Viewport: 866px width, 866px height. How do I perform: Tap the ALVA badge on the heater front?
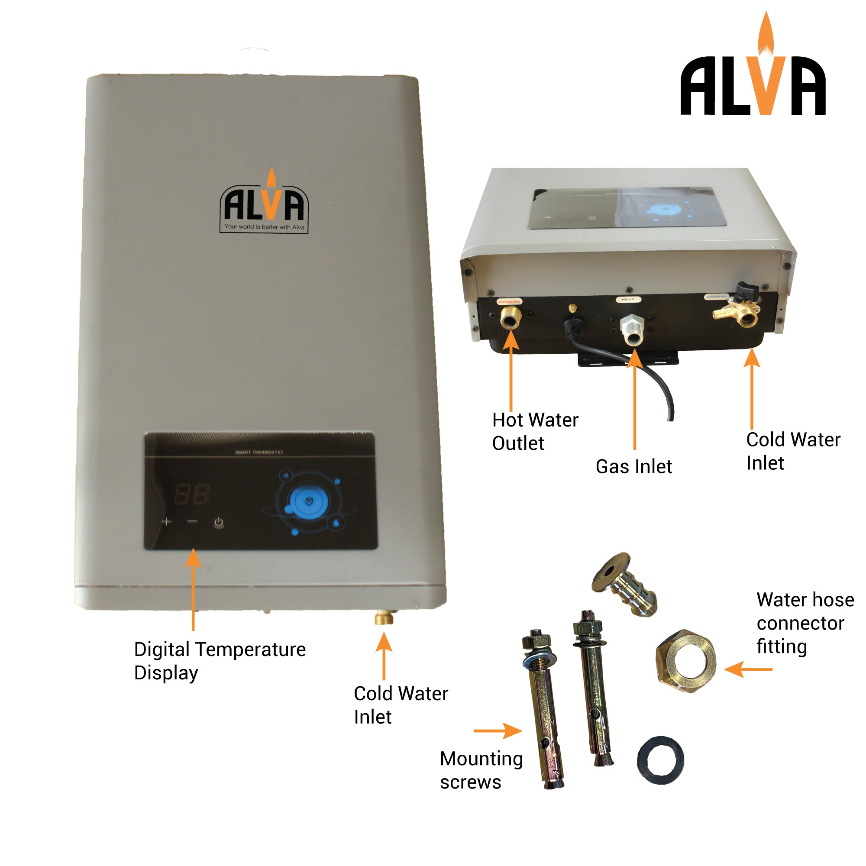(264, 204)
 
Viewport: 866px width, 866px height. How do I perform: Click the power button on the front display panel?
(219, 522)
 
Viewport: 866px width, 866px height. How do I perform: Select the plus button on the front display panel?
(167, 521)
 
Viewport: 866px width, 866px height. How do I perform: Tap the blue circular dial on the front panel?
(308, 502)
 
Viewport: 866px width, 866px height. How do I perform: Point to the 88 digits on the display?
(191, 494)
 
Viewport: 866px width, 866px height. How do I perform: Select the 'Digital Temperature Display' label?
(220, 661)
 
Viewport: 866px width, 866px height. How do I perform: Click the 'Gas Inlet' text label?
(634, 467)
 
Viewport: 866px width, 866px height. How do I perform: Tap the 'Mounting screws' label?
(481, 770)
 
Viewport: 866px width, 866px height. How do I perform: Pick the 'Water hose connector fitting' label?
(805, 623)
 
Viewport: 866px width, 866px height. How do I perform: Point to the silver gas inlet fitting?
(632, 330)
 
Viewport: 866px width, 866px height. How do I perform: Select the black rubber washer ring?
(661, 760)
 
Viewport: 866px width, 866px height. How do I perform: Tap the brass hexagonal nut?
(686, 661)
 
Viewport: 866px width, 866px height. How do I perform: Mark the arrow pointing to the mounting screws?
(498, 730)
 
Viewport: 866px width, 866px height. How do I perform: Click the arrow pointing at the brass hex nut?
(748, 670)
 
